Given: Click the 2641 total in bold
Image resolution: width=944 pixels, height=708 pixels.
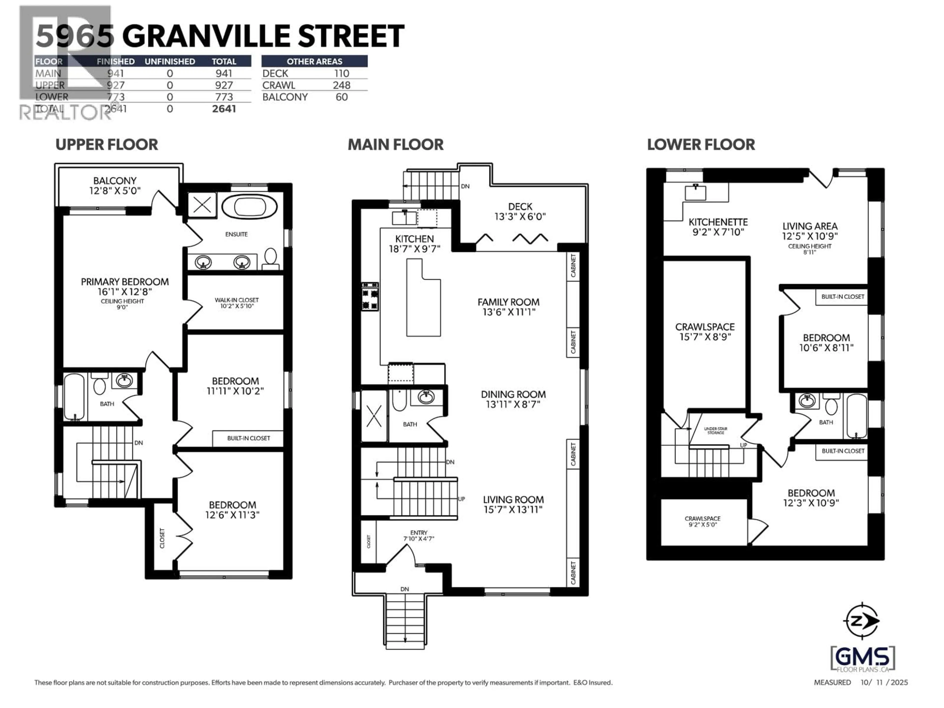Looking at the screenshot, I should click(224, 109).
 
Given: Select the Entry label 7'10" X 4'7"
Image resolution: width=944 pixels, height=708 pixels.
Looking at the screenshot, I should click(419, 536).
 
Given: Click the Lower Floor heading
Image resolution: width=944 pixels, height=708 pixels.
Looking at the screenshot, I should click(701, 145).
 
